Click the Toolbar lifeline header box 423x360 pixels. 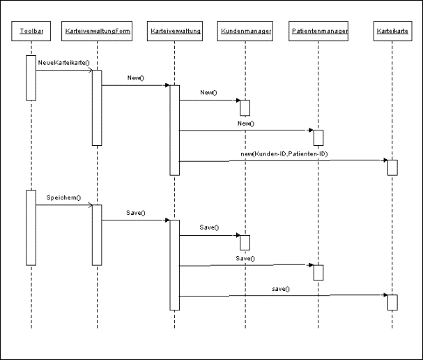31,32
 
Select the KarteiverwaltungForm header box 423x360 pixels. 96,32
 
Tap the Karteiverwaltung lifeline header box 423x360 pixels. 175,32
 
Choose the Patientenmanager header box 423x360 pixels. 318,32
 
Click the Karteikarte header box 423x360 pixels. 392,32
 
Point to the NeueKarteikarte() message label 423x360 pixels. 63,63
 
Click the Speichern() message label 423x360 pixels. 63,197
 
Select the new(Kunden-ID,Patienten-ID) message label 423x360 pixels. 289,153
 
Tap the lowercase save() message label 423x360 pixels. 281,288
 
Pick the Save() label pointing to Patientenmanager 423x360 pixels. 245,258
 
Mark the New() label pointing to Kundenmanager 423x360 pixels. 208,92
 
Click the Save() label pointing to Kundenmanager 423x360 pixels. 209,227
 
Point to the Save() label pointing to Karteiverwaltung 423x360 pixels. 135,212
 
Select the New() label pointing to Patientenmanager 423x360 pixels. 245,123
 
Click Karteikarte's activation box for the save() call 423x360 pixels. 392,302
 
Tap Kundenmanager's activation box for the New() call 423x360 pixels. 245,107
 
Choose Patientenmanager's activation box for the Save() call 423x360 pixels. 318,272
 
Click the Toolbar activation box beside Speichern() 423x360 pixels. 31,227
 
